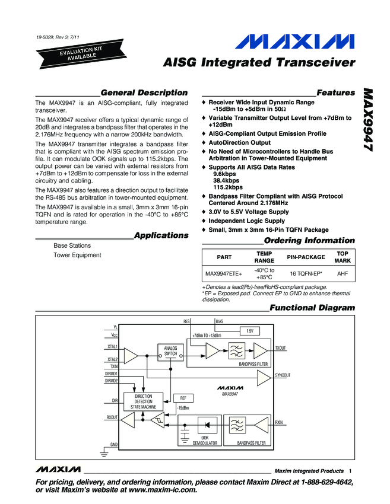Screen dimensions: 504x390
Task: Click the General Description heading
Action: pyautogui.click(x=144, y=92)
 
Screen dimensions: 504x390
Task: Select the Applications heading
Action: pyautogui.click(x=161, y=235)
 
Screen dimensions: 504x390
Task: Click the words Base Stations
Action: pyautogui.click(x=72, y=245)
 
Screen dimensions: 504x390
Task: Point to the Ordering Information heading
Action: pyautogui.click(x=309, y=241)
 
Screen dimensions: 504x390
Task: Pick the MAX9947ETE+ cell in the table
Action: pyautogui.click(x=224, y=274)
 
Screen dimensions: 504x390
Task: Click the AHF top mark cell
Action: pyautogui.click(x=343, y=274)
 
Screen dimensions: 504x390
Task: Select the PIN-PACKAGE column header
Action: pyautogui.click(x=306, y=257)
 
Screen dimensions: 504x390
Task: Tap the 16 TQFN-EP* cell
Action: pyautogui.click(x=306, y=274)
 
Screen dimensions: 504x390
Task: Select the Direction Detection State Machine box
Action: pyautogui.click(x=144, y=402)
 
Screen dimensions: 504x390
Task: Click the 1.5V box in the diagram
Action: pyautogui.click(x=249, y=330)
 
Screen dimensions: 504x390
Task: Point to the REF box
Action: pyautogui.click(x=183, y=398)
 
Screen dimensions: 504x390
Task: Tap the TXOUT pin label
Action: pyautogui.click(x=281, y=349)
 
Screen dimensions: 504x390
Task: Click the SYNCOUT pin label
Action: pyautogui.click(x=283, y=375)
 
